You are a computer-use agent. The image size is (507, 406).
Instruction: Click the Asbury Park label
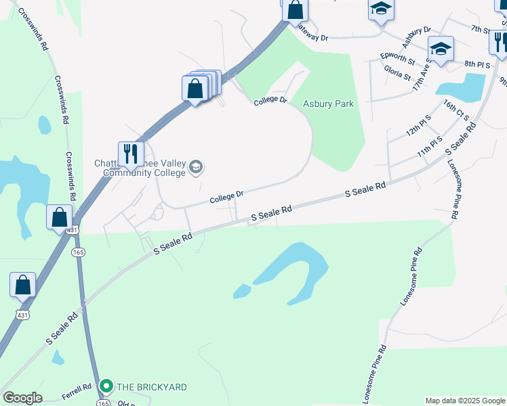327,104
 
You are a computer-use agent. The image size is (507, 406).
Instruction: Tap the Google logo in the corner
22,398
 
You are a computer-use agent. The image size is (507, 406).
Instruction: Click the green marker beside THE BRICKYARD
106,387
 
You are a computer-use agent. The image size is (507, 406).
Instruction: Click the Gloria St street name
397,72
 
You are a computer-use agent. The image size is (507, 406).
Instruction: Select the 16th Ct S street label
457,110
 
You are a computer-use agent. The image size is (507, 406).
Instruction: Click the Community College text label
144,173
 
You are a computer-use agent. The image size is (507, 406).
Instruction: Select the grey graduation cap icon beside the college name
196,167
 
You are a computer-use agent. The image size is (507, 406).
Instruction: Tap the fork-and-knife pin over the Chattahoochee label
131,154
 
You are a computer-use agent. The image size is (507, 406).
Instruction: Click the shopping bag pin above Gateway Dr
295,9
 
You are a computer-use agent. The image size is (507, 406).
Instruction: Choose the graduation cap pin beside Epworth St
441,49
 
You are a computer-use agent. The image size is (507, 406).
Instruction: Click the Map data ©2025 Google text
466,401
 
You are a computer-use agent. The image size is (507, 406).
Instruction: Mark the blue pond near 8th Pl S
462,87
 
